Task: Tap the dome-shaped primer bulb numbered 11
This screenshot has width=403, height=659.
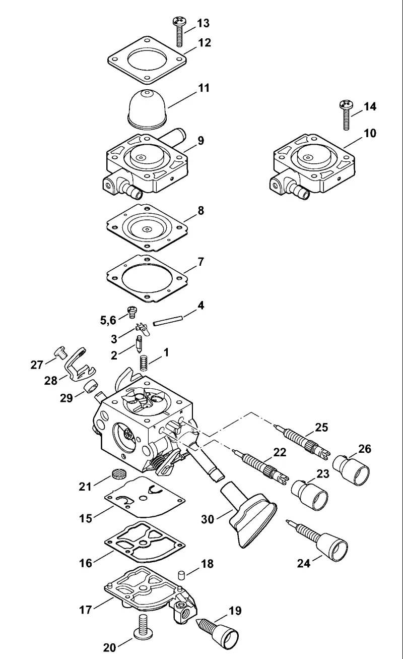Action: (148, 108)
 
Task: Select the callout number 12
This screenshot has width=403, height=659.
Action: (205, 43)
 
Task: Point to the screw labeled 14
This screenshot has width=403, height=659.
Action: (347, 115)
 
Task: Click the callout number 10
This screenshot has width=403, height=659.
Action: (370, 133)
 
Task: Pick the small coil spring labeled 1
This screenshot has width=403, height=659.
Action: (143, 363)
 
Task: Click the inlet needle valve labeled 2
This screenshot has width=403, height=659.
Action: (139, 343)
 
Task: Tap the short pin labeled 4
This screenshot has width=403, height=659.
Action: (168, 320)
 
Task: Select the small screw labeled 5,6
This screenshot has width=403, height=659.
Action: (131, 312)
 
